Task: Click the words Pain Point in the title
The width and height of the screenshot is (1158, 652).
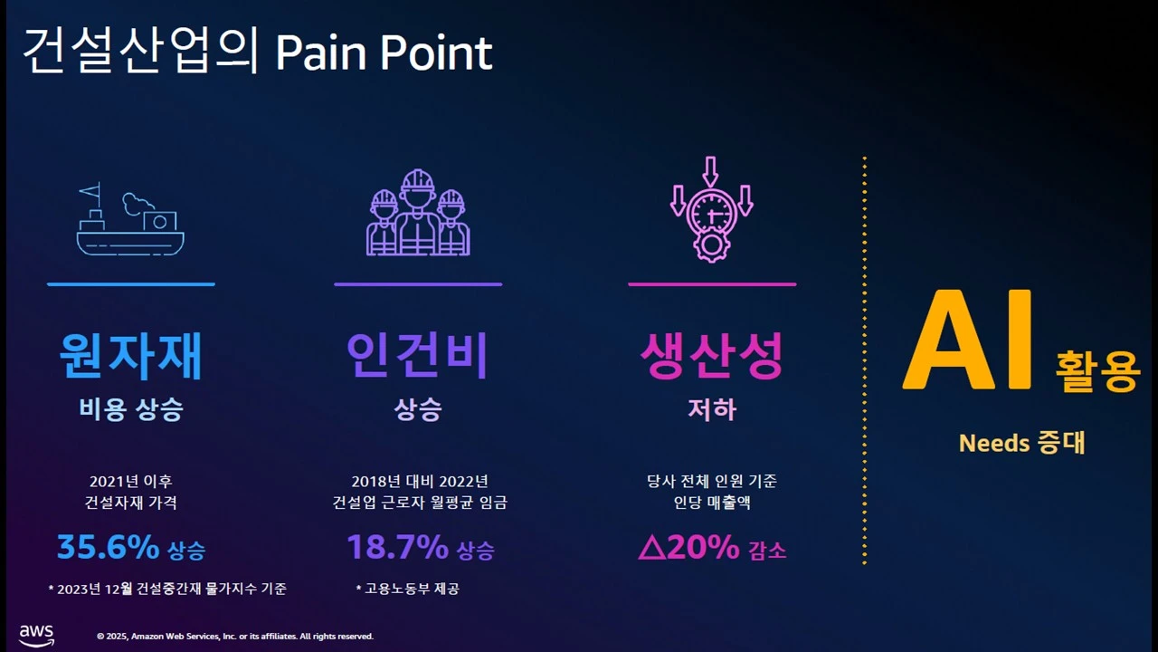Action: [384, 53]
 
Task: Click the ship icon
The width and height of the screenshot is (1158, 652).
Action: [130, 222]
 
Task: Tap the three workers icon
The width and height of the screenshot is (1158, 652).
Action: [417, 214]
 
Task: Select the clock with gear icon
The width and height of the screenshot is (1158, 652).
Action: [712, 212]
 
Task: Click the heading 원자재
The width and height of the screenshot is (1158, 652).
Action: [130, 356]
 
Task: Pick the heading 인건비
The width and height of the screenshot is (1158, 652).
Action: [417, 356]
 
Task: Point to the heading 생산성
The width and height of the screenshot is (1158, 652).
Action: [712, 356]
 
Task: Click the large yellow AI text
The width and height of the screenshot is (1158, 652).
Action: [968, 342]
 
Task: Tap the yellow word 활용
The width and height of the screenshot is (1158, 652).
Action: [1096, 371]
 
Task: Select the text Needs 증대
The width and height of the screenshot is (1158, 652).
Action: [1021, 443]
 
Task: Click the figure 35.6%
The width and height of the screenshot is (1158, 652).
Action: [108, 547]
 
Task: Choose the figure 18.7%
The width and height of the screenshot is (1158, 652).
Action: [397, 547]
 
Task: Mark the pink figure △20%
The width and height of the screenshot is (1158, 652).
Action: [688, 547]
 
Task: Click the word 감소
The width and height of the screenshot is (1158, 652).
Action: [767, 551]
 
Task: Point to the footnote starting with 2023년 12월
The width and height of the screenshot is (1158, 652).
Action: [167, 589]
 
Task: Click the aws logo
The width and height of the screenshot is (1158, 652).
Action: [36, 634]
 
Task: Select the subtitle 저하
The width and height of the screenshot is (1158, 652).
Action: [712, 409]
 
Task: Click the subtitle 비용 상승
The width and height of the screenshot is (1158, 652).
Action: [130, 409]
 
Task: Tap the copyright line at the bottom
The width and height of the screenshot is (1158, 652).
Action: [234, 637]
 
